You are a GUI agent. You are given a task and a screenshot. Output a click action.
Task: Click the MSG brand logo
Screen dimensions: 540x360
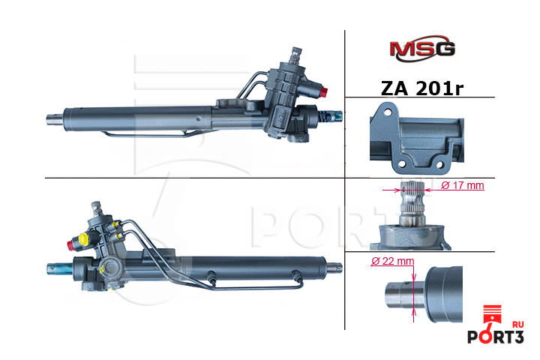click(421, 49)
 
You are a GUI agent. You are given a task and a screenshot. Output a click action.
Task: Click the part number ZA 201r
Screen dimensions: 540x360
click(421, 88)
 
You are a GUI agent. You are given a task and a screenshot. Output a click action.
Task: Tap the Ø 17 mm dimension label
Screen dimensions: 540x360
click(463, 185)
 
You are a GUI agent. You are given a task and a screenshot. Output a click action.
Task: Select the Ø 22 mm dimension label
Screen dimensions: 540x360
click(392, 261)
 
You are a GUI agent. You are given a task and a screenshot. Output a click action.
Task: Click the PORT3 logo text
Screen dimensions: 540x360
click(496, 337)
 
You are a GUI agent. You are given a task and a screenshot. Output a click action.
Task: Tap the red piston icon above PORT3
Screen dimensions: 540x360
click(492, 314)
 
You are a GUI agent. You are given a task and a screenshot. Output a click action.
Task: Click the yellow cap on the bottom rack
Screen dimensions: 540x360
click(84, 238)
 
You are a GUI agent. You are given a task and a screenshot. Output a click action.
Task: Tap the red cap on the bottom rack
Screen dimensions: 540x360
click(71, 244)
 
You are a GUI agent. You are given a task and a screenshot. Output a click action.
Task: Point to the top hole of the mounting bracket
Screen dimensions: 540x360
click(388, 112)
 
